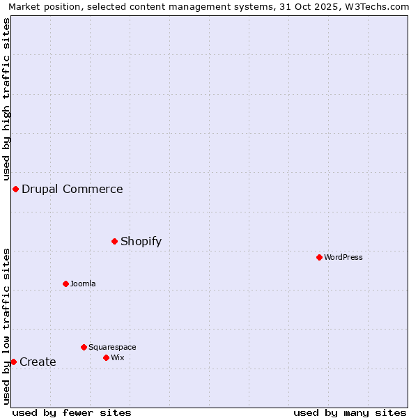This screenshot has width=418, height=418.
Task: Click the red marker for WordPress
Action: (319, 257)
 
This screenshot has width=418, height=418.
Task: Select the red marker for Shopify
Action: (115, 241)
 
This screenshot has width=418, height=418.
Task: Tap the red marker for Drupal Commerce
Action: (15, 189)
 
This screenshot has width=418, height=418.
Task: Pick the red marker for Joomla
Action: (66, 284)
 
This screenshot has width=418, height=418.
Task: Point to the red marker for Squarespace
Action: (84, 347)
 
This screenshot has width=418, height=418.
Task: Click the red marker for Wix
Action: (106, 357)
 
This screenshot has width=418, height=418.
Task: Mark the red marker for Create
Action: (13, 362)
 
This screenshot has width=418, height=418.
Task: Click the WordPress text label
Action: (343, 257)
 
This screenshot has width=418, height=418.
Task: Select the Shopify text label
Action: (141, 242)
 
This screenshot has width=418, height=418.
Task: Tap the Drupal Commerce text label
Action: (72, 189)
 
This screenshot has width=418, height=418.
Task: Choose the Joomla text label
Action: (83, 284)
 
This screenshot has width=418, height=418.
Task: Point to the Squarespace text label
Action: (112, 347)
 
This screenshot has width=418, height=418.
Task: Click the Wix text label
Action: (118, 357)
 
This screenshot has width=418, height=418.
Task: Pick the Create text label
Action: (38, 362)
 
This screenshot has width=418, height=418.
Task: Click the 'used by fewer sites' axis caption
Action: (72, 412)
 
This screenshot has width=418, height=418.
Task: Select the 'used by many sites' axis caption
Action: (350, 412)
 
